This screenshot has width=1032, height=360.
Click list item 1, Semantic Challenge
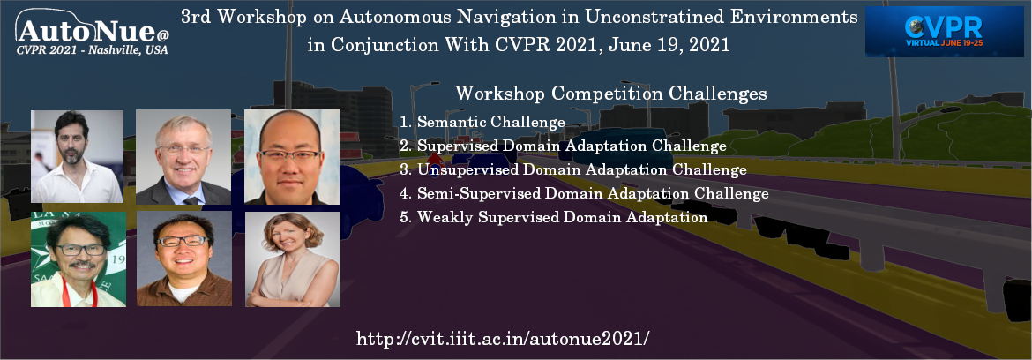click(x=482, y=122)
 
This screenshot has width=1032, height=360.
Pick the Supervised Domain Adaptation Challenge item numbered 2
click(x=563, y=146)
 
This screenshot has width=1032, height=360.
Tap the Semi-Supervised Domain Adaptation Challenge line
click(x=584, y=193)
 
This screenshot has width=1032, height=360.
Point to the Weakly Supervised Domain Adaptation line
click(x=553, y=217)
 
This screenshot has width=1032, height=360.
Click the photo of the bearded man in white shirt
click(x=77, y=157)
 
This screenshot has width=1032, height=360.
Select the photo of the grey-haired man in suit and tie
click(x=183, y=157)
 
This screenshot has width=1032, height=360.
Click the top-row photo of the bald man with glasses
click(x=291, y=157)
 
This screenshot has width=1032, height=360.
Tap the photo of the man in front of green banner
click(x=77, y=259)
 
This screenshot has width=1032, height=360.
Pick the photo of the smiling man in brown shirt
click(x=183, y=259)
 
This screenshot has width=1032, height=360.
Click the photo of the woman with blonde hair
click(x=291, y=259)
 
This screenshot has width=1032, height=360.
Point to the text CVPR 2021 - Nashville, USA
click(x=93, y=49)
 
